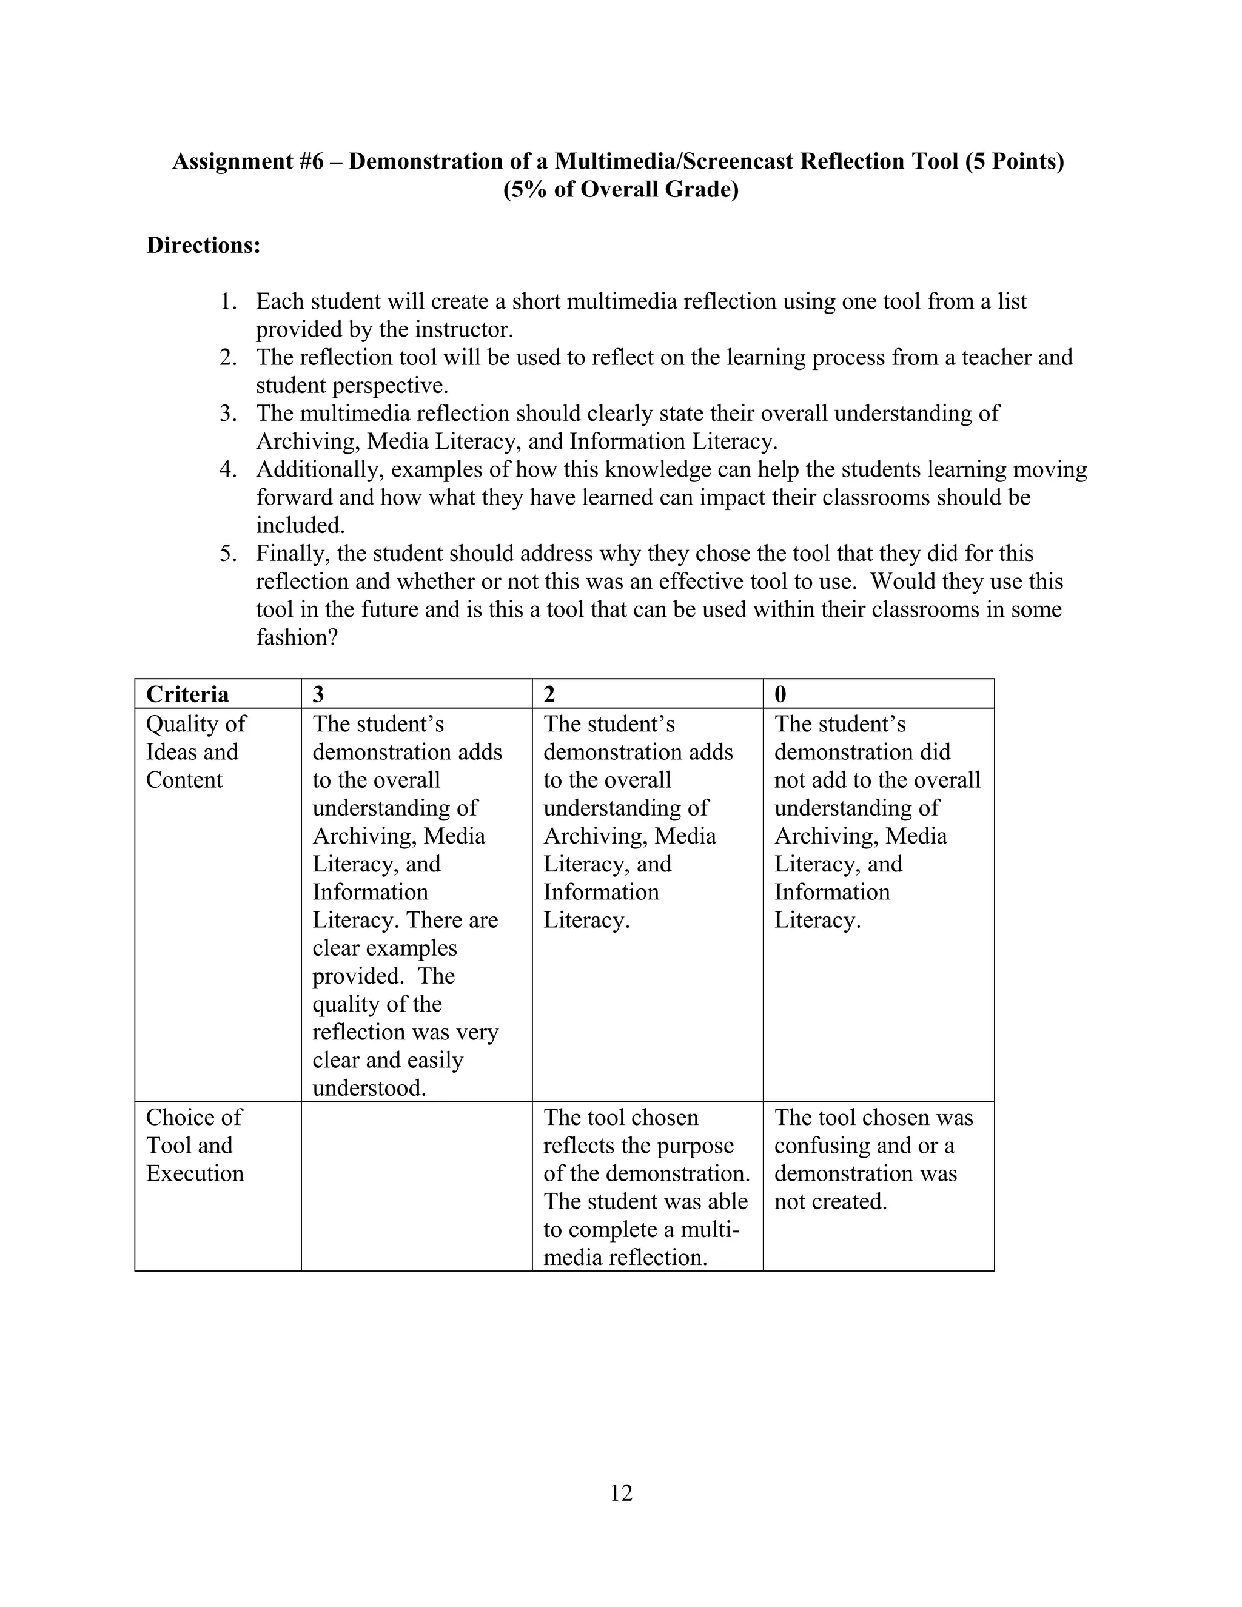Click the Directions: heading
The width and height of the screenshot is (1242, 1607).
(204, 245)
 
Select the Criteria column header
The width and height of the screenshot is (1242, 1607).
(187, 694)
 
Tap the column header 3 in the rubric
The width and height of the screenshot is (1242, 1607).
(318, 694)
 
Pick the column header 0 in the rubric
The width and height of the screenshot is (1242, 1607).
(780, 694)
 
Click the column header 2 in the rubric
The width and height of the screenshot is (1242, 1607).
(549, 694)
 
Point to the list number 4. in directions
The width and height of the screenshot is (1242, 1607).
(228, 469)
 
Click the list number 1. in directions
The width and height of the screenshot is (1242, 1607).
(228, 301)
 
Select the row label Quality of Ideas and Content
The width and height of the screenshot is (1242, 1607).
(195, 751)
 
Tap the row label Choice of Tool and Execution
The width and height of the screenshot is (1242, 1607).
(194, 1145)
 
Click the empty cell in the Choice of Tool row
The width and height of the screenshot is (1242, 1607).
(417, 1186)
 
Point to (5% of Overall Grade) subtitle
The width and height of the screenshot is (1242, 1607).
(621, 189)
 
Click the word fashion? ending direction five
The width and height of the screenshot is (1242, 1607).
(297, 637)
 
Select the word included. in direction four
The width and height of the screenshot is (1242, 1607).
(300, 525)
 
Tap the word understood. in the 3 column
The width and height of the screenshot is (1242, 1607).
(369, 1087)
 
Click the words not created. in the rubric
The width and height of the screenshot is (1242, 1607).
(831, 1201)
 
